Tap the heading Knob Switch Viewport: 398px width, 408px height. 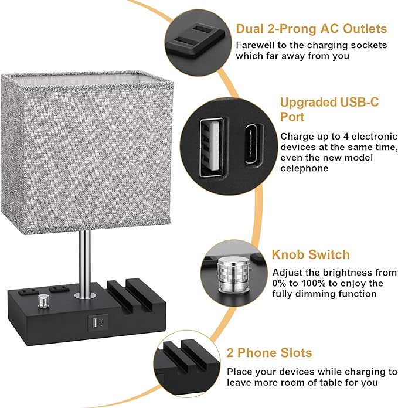(310, 255)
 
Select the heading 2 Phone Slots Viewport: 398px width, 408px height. (269, 353)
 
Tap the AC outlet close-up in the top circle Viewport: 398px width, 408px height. (193, 36)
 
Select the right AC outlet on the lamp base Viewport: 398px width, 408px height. (57, 288)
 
